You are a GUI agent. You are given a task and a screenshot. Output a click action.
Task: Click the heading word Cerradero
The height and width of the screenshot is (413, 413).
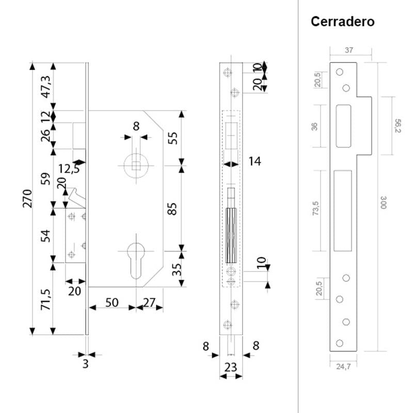pyautogui.click(x=342, y=22)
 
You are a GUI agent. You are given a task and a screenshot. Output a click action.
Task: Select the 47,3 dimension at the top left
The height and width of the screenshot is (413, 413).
pyautogui.click(x=45, y=86)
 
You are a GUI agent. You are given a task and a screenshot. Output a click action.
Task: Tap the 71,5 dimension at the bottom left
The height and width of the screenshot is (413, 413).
pyautogui.click(x=45, y=300)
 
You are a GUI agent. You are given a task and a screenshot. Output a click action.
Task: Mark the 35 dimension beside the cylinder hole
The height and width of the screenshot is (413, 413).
pyautogui.click(x=176, y=269)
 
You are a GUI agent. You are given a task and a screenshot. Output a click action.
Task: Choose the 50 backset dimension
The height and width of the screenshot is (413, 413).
pyautogui.click(x=112, y=303)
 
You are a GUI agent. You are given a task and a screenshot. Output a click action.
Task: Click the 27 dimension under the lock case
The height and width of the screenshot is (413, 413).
pyautogui.click(x=149, y=303)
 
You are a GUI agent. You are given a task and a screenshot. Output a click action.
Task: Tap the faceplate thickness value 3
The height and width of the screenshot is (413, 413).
pyautogui.click(x=85, y=364)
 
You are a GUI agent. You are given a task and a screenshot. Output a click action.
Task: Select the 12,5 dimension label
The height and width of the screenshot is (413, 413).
pyautogui.click(x=69, y=169)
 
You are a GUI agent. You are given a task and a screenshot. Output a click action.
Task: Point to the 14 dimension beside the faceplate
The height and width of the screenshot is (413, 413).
pyautogui.click(x=255, y=162)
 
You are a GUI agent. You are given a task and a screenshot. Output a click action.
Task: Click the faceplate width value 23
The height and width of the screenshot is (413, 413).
pyautogui.click(x=231, y=368)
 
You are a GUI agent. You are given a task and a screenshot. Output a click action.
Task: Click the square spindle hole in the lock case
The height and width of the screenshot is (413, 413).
pyautogui.click(x=136, y=166)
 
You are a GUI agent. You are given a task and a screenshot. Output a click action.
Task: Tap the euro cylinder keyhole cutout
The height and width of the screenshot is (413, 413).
pyautogui.click(x=136, y=258)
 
